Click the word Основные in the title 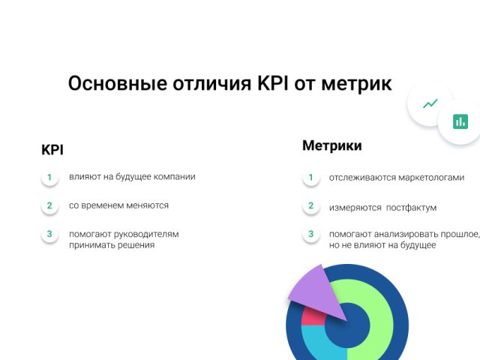(118, 83)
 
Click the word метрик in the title (356, 84)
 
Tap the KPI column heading (52, 150)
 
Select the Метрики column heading (331, 145)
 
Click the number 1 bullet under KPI (49, 177)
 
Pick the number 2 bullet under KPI (49, 205)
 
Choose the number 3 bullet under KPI (49, 234)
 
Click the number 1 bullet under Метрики (311, 177)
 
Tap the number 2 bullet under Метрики (311, 205)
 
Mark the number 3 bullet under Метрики (311, 234)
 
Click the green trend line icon (430, 103)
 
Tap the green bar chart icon (460, 121)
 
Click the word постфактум (411, 208)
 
